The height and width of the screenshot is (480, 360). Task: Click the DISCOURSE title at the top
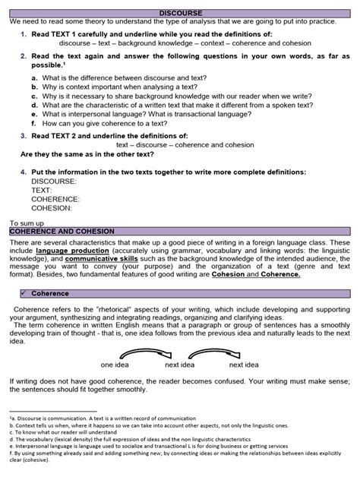point(180,13)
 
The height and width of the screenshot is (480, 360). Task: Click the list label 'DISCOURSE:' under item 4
point(54,182)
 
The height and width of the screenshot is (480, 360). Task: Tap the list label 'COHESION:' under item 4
point(52,207)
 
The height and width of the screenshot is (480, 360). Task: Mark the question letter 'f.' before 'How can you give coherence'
point(35,122)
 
